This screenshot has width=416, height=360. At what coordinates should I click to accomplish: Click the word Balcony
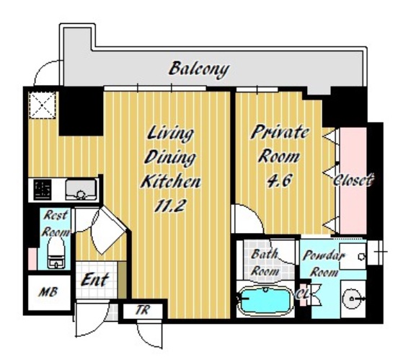click(199, 69)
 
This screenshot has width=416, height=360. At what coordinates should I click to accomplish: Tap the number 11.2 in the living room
click(169, 205)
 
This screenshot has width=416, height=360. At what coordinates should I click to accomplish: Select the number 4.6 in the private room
click(279, 180)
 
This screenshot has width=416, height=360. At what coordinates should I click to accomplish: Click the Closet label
click(353, 180)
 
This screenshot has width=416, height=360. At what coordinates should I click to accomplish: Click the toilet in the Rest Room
click(56, 252)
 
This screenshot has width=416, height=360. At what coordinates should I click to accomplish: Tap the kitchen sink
click(81, 189)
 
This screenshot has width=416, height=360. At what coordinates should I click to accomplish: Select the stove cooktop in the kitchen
click(43, 190)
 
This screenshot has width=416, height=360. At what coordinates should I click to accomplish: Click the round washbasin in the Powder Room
click(352, 299)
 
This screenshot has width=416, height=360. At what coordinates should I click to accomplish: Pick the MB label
click(48, 292)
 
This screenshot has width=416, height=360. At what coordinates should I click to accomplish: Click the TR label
click(143, 309)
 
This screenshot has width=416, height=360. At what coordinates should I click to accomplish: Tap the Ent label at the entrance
click(94, 279)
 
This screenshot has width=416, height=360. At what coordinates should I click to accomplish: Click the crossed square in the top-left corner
click(43, 105)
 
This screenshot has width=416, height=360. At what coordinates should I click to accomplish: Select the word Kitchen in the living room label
click(171, 181)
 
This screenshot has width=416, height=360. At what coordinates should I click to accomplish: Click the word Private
click(280, 133)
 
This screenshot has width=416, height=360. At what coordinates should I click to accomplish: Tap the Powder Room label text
click(324, 264)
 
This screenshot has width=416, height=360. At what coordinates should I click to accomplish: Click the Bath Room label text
click(265, 263)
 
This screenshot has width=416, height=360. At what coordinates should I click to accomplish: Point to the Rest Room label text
click(56, 223)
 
